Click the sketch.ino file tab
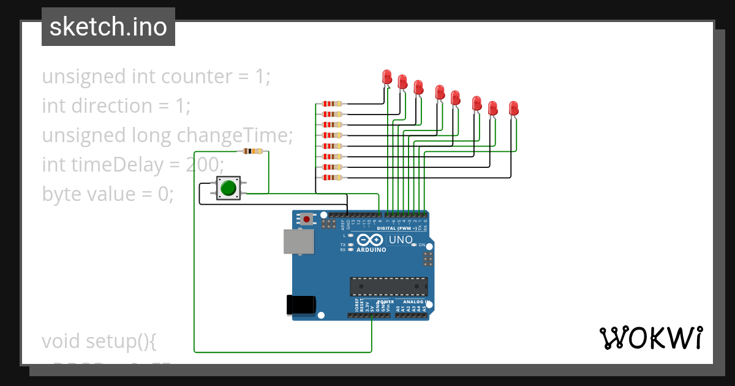(x=108, y=27)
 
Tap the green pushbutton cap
(x=228, y=187)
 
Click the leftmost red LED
(x=387, y=77)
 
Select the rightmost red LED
(x=514, y=109)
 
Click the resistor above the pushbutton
(x=253, y=151)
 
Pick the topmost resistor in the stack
(x=332, y=104)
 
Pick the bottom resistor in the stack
(x=332, y=178)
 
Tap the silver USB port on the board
(x=299, y=241)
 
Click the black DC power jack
(x=301, y=305)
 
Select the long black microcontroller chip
(x=388, y=286)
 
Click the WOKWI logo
(x=651, y=338)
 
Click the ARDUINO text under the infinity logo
(x=371, y=250)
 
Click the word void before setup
(x=61, y=341)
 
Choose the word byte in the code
(x=62, y=194)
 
